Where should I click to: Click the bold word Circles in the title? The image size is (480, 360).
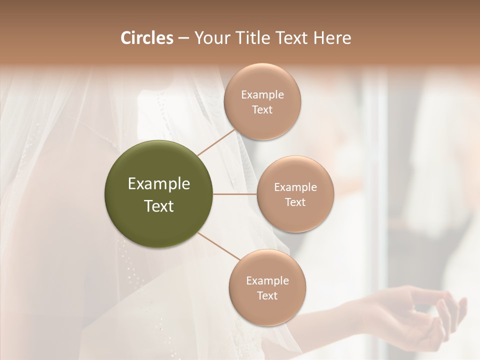click(146, 38)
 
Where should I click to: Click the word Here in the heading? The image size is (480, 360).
click(332, 38)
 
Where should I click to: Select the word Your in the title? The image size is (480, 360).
click(210, 38)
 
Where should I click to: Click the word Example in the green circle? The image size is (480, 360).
click(158, 184)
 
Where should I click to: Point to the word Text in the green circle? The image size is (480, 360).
click(158, 206)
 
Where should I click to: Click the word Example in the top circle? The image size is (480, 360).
click(262, 95)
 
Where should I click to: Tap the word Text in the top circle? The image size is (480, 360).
click(262, 110)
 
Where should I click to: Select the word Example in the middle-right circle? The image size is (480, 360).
click(295, 187)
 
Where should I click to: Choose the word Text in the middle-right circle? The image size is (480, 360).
click(295, 202)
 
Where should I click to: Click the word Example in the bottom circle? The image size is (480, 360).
click(267, 281)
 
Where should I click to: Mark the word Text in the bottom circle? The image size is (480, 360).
click(267, 296)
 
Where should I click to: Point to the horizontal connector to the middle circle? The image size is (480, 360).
click(235, 194)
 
